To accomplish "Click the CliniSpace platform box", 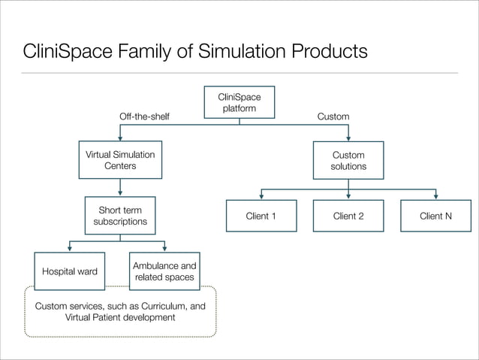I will coord(239,103).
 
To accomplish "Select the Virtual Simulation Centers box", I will coord(120,160).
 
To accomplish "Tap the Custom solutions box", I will coord(348,160).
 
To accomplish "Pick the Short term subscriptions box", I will coord(120,216).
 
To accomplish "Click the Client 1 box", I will coord(261,216).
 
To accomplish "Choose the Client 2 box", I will coord(348,216).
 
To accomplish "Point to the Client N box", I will coord(435,216).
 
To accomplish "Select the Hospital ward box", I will coord(70,271).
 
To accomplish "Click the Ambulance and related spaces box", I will coord(164,271).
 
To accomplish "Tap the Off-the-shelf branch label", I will coord(145,117).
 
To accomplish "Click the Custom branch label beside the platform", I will coord(333,117).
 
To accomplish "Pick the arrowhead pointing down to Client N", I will coord(435,195).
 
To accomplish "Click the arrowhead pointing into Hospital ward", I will coord(70,249).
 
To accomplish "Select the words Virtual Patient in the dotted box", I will coord(93,317).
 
